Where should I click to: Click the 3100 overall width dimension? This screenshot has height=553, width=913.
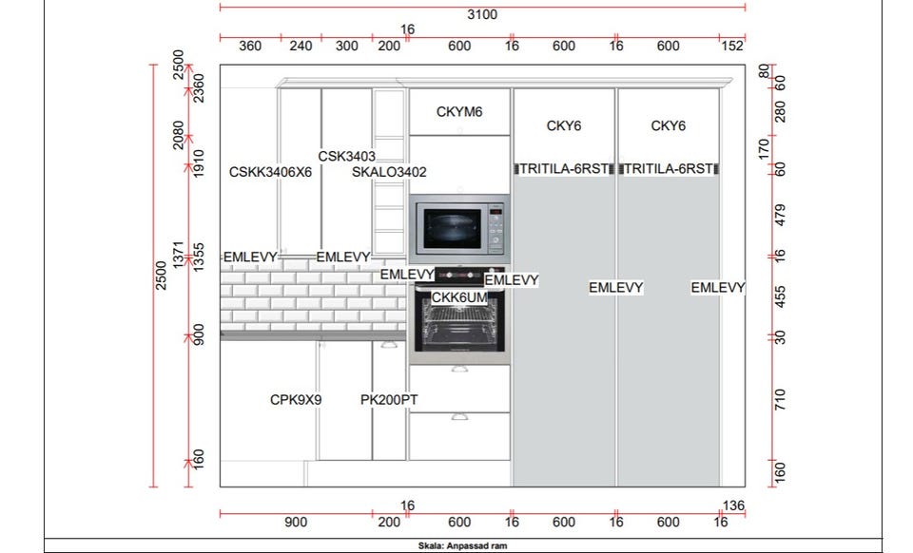pyautogui.click(x=482, y=14)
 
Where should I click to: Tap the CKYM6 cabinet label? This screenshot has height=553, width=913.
pyautogui.click(x=459, y=112)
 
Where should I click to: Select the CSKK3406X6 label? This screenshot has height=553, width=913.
pyautogui.click(x=270, y=172)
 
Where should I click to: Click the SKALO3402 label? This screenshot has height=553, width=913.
pyautogui.click(x=389, y=172)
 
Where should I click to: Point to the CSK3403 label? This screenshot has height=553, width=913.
pyautogui.click(x=346, y=157)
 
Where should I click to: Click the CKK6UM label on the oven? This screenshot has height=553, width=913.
pyautogui.click(x=459, y=297)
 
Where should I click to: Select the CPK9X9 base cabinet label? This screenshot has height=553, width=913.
pyautogui.click(x=296, y=400)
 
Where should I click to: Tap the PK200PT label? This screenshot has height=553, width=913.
pyautogui.click(x=389, y=400)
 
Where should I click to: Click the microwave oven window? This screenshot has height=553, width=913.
pyautogui.click(x=453, y=229)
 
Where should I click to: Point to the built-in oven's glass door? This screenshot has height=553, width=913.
pyautogui.click(x=459, y=326)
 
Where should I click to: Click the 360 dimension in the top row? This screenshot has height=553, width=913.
pyautogui.click(x=250, y=46)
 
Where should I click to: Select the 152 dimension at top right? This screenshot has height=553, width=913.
pyautogui.click(x=732, y=46)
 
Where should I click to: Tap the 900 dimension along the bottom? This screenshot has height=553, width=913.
pyautogui.click(x=296, y=523)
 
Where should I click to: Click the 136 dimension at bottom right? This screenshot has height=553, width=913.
pyautogui.click(x=733, y=505)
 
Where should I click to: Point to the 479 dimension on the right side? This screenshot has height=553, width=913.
pyautogui.click(x=780, y=215)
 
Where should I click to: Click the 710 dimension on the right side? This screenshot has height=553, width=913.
pyautogui.click(x=780, y=399)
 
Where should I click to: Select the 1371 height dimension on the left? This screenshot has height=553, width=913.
pyautogui.click(x=178, y=255)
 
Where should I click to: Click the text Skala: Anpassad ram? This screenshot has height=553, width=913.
pyautogui.click(x=462, y=546)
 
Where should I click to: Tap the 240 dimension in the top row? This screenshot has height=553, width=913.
pyautogui.click(x=301, y=46)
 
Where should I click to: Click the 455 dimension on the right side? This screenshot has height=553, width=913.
pyautogui.click(x=780, y=297)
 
